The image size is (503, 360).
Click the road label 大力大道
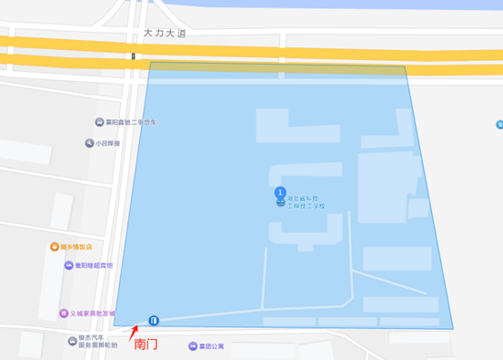pyautogui.click(x=163, y=32)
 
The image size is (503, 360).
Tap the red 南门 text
pyautogui.click(x=146, y=345)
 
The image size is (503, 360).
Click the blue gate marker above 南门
pyautogui.click(x=154, y=320)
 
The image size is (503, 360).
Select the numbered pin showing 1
pyautogui.click(x=280, y=192)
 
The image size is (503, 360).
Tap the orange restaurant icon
pyautogui.click(x=55, y=246)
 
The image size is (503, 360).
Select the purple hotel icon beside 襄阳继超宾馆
pyautogui.click(x=68, y=265)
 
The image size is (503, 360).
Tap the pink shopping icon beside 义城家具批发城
pyautogui.click(x=63, y=313)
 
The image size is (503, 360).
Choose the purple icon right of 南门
pyautogui.click(x=191, y=346)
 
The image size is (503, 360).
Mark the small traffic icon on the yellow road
pyautogui.click(x=134, y=56)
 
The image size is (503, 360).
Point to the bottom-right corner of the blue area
pyautogui.click(x=453, y=327)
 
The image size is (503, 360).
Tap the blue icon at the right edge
pyautogui.click(x=499, y=125)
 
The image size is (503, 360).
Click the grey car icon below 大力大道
pyautogui.click(x=98, y=123)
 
